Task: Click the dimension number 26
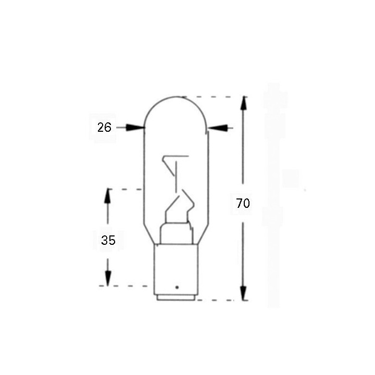(x=104, y=127)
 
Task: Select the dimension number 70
(x=243, y=204)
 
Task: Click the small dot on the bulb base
(x=177, y=287)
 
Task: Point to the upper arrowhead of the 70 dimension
(x=243, y=103)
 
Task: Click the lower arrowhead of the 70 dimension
(x=243, y=294)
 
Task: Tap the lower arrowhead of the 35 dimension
(x=108, y=279)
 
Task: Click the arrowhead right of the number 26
(x=137, y=127)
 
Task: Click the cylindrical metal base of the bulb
(x=177, y=271)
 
